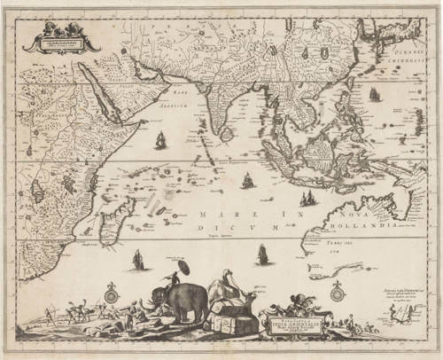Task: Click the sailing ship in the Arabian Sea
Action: (161, 139)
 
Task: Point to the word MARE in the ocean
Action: (216, 214)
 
